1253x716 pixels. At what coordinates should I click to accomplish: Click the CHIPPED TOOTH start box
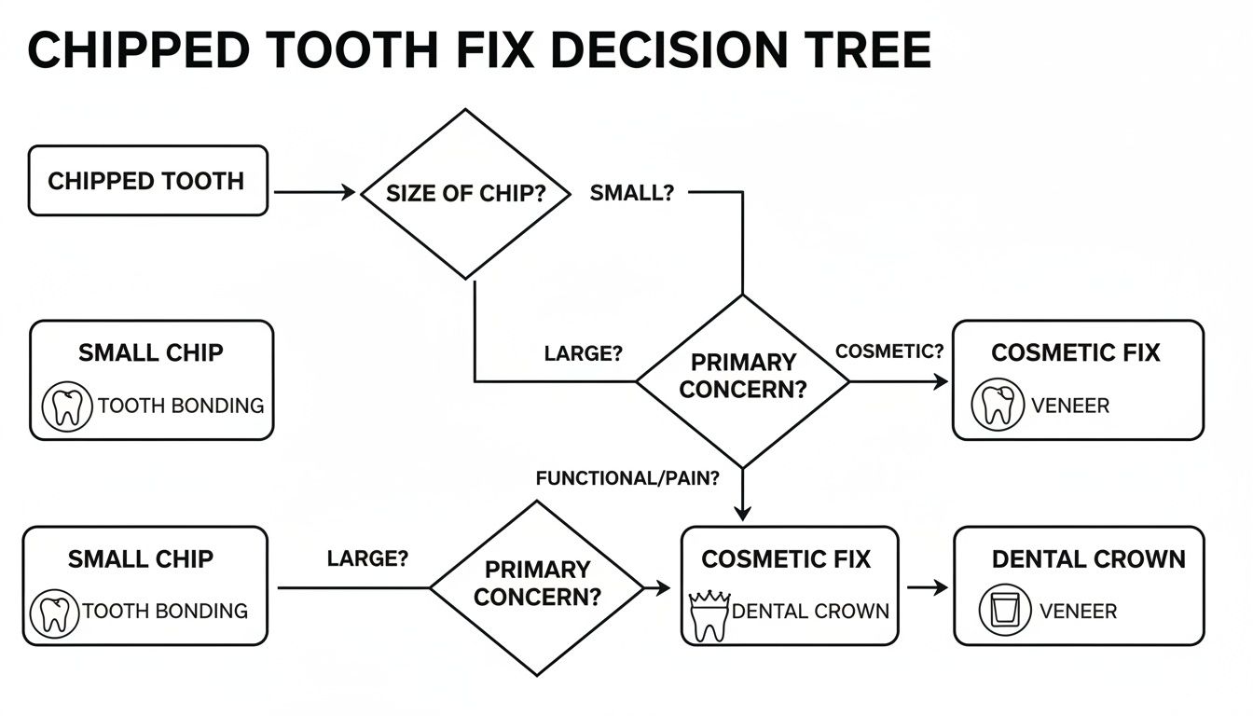pos(147,181)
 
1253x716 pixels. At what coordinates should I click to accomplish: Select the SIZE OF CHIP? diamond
pos(464,194)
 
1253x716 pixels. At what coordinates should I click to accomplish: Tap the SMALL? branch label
pos(631,193)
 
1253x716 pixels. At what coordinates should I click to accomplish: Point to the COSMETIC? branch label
pos(889,351)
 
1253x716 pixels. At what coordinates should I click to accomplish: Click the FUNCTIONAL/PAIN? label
pos(627,478)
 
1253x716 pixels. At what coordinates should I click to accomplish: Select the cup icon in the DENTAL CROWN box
pos(1004,612)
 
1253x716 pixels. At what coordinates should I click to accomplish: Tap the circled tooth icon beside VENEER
pos(998,406)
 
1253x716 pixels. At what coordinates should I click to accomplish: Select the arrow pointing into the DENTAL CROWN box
pos(927,587)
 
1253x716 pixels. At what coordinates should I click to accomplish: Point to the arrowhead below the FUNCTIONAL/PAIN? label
pos(742,512)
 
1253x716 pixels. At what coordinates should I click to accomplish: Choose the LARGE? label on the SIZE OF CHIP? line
pos(583,354)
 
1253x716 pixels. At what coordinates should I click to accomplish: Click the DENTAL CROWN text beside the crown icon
pos(811,612)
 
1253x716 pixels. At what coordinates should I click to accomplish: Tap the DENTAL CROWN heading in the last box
pos(1088,559)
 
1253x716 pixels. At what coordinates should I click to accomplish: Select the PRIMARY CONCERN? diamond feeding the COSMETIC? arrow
pos(742,381)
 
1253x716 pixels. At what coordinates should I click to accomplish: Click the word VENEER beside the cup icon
pos(1078,612)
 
